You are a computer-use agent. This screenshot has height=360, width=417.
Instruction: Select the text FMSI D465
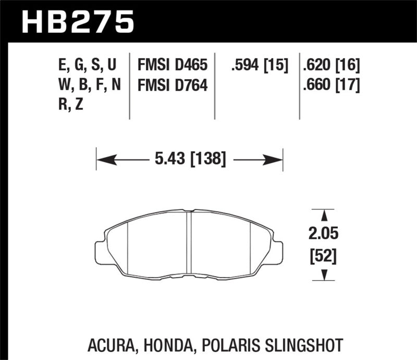coord(172,66)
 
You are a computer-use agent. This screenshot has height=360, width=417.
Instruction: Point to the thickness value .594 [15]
coord(259,66)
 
